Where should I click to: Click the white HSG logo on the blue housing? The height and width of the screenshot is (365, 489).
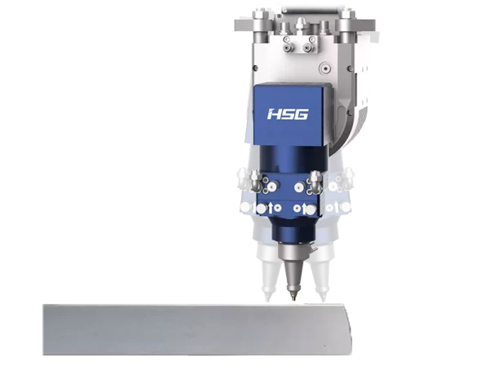[x=288, y=114]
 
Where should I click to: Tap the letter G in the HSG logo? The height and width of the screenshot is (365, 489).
[x=302, y=114]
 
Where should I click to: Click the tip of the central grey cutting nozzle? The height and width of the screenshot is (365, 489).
[x=293, y=300]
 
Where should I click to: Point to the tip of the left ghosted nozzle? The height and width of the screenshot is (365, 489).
[x=267, y=300]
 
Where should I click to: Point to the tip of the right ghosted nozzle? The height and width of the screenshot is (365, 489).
[x=323, y=300]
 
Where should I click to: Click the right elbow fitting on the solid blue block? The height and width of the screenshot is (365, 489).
[x=315, y=180]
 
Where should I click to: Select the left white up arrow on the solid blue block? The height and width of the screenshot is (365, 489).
[x=271, y=208]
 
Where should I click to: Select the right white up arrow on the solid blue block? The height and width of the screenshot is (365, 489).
[x=304, y=208]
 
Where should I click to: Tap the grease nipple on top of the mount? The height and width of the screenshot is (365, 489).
[x=300, y=24]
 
